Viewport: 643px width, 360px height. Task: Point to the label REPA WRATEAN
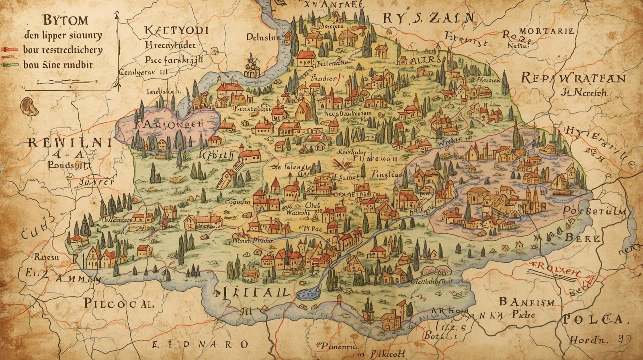click(x=573, y=78)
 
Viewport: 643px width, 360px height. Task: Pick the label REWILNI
click(x=69, y=142)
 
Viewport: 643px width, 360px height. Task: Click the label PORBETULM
click(x=594, y=211)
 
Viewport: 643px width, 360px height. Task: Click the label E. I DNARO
click(x=201, y=344)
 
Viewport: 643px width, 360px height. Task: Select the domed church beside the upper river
click(x=252, y=66)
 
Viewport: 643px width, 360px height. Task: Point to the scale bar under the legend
click(x=60, y=82)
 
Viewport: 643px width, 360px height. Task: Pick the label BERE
click(x=583, y=238)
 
